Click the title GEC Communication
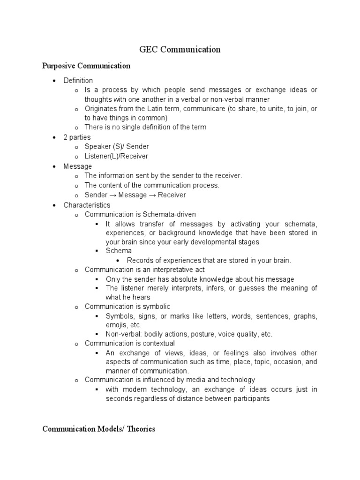(180, 49)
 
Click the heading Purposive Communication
(86, 66)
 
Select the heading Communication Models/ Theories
(98, 428)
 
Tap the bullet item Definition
(78, 80)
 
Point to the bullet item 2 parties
(77, 137)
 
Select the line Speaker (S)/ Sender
(116, 147)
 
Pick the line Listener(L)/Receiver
(116, 156)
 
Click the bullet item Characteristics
(87, 205)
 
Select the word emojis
(117, 324)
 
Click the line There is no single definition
(145, 127)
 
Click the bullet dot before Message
(55, 166)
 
